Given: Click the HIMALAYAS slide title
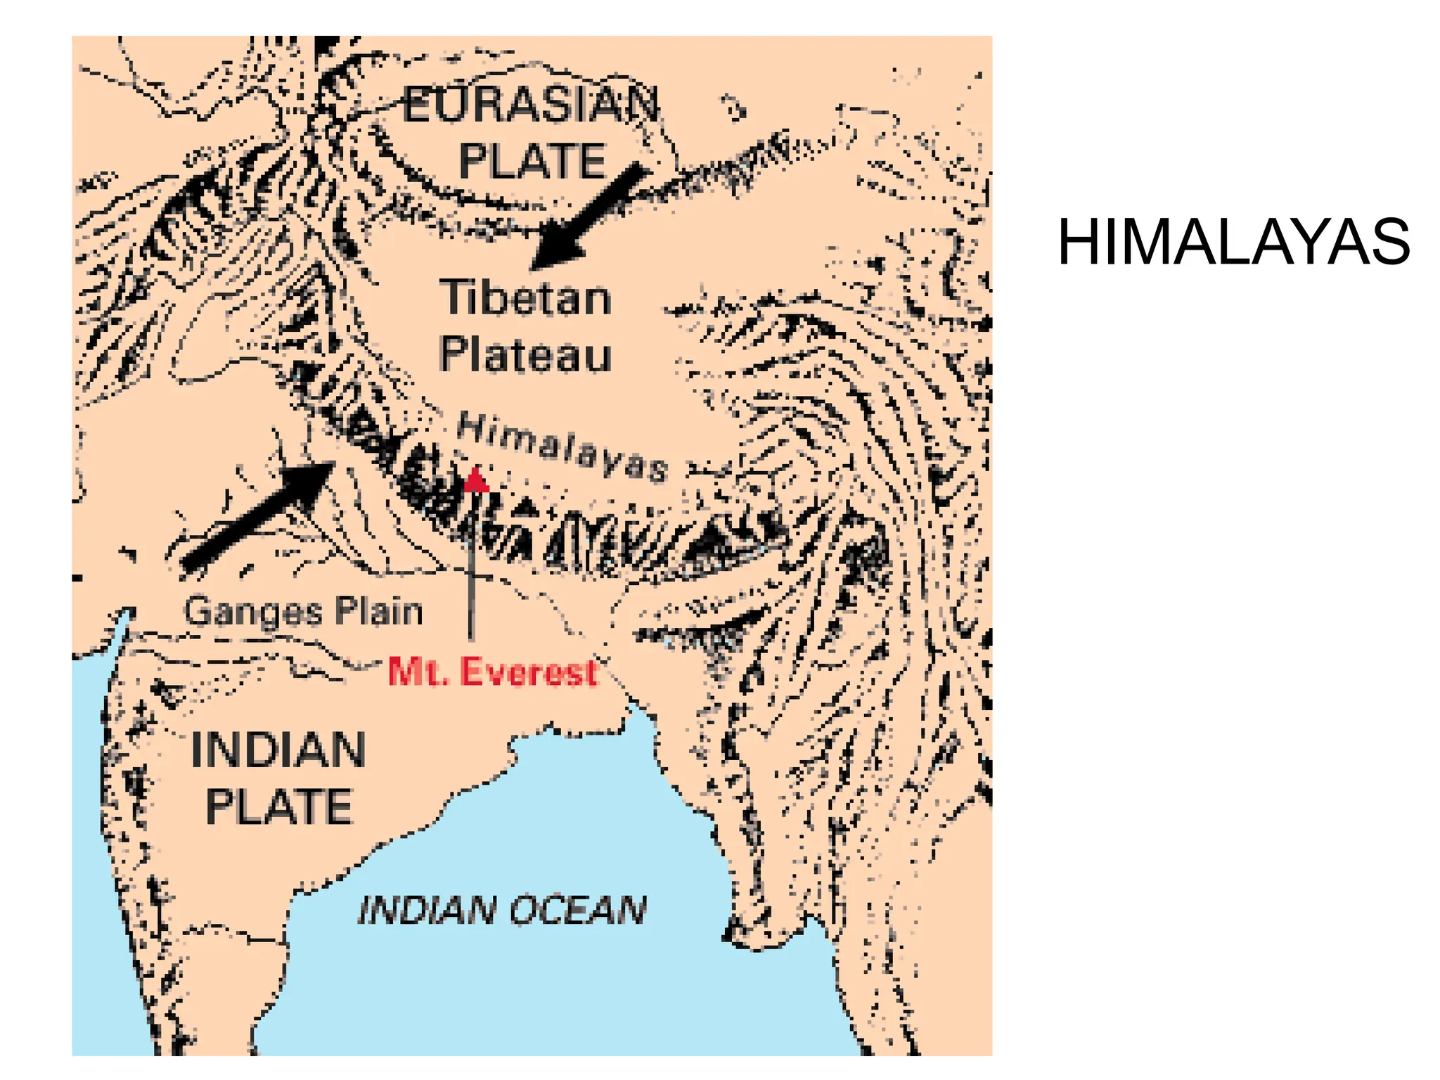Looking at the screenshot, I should point(1233,243).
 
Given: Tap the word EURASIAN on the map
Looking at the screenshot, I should point(531,105).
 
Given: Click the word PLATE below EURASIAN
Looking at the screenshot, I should point(532,161).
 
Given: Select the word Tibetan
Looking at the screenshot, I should point(526,298).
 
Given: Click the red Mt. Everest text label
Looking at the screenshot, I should point(492,671).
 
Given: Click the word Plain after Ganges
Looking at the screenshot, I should point(378,610).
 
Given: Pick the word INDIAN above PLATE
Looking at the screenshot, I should point(278,750).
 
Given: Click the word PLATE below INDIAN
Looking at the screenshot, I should point(278,806).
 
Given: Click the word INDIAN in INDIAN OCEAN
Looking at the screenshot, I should point(427,911).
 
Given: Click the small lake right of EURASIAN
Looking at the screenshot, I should point(735,109).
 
